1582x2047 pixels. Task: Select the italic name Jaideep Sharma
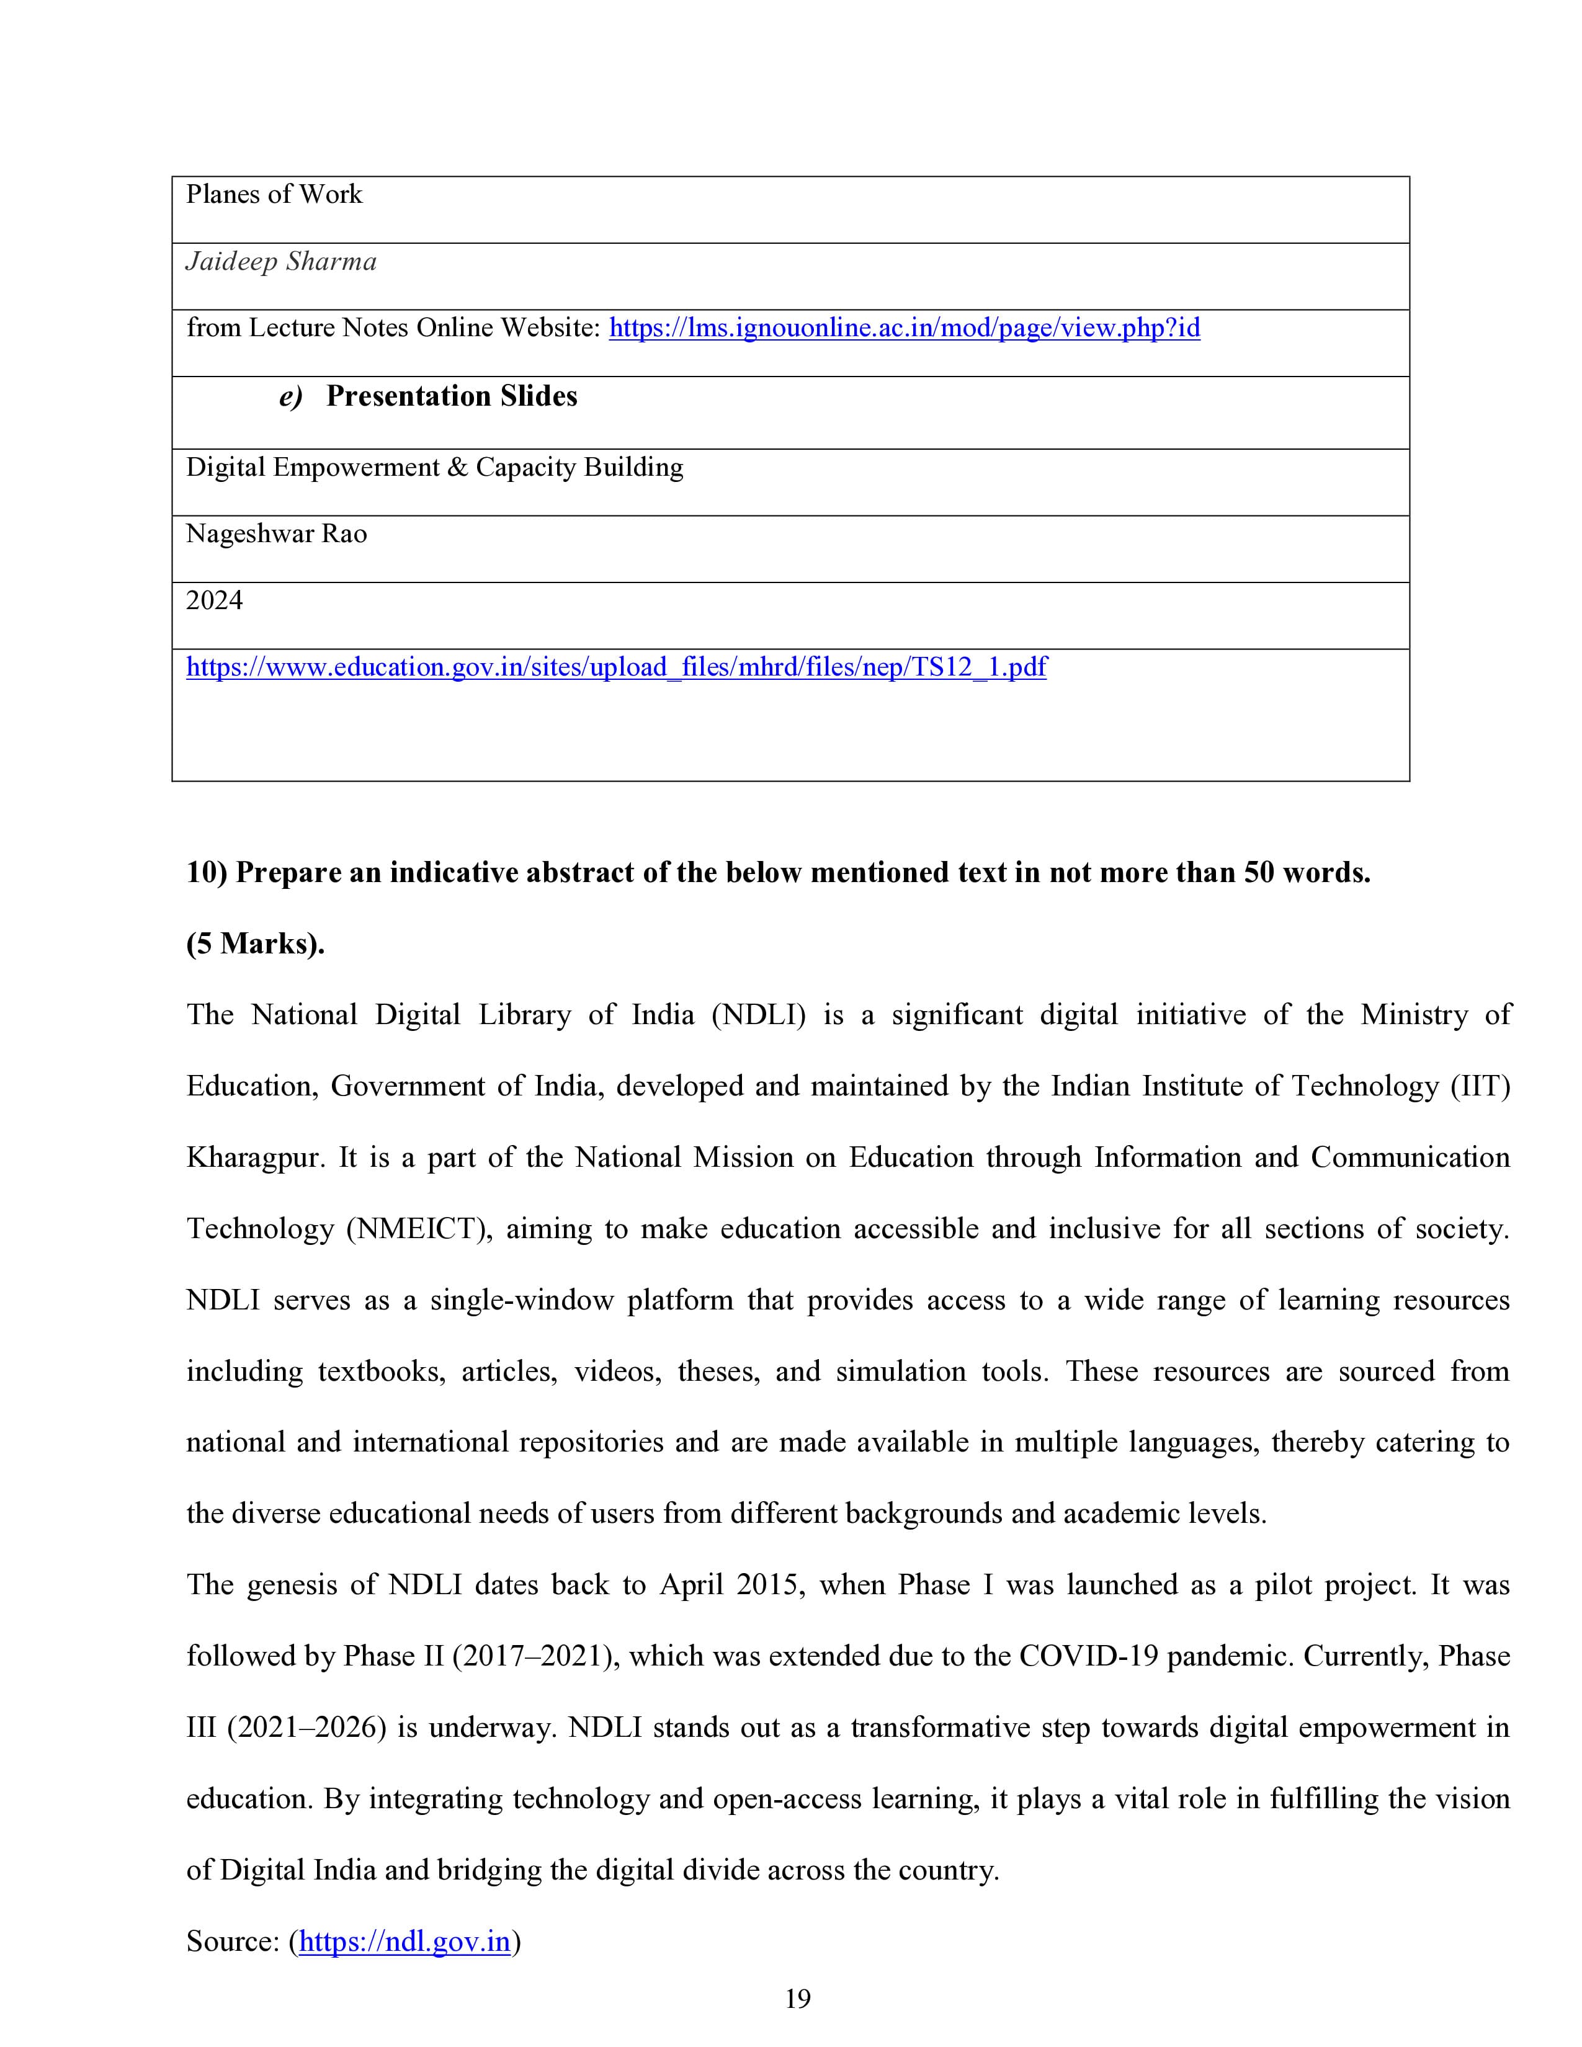click(281, 262)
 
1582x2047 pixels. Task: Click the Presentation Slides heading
click(451, 396)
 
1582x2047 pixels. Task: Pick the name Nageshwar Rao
click(277, 534)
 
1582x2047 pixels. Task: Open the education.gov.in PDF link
click(616, 667)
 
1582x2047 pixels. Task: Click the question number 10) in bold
click(207, 873)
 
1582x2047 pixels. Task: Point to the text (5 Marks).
click(255, 944)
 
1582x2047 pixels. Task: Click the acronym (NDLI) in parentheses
click(758, 1015)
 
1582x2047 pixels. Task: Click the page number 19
click(798, 1999)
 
